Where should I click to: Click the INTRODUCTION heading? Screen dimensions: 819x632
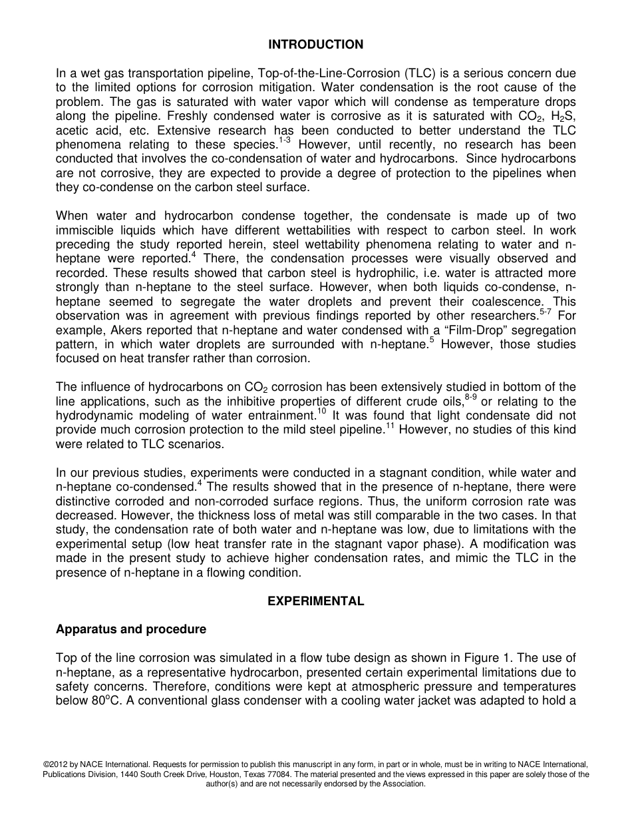click(315, 45)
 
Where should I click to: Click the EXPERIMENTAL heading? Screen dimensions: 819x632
click(315, 601)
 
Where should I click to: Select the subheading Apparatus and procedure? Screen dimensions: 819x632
click(131, 629)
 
